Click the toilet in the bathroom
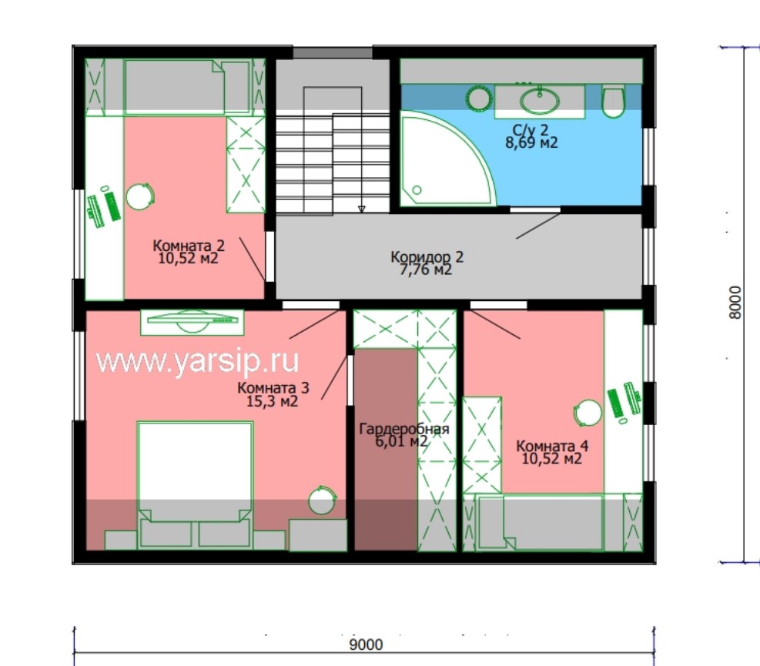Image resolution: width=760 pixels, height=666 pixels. tap(613, 102)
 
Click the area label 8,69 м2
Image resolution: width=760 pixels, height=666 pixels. tap(531, 142)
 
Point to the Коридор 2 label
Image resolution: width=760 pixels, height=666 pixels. tap(427, 256)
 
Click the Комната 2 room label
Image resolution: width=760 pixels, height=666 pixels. tap(189, 246)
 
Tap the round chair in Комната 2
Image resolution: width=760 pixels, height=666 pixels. tap(140, 196)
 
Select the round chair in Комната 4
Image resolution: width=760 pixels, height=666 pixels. tap(588, 413)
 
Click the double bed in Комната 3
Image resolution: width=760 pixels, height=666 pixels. tap(195, 485)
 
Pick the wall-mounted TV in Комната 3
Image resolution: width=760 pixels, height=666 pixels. tap(193, 321)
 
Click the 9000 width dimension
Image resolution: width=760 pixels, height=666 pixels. tap(366, 644)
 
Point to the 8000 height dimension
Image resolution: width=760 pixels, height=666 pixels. tap(735, 303)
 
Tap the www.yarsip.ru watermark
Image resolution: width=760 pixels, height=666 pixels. tap(197, 361)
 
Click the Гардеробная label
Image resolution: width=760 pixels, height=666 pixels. tap(404, 429)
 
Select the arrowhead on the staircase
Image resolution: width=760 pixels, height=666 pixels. tap(362, 209)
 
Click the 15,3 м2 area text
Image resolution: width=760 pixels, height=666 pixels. tap(272, 401)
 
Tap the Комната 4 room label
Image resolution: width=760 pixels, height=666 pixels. tap(552, 446)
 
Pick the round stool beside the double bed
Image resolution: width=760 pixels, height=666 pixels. tap(322, 500)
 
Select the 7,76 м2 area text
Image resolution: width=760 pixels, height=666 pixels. tap(426, 269)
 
